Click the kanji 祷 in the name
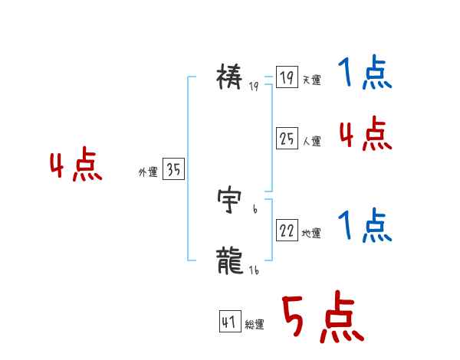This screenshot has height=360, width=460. [x=231, y=77]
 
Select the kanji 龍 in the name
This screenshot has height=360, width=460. [x=231, y=261]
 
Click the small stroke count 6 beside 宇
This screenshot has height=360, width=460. [x=254, y=208]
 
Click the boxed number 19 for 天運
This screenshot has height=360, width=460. [x=287, y=78]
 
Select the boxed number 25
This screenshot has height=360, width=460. [x=287, y=139]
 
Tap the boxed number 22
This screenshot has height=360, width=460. [x=287, y=231]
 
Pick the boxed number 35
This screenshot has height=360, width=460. [x=173, y=170]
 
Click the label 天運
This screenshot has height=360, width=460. [x=311, y=80]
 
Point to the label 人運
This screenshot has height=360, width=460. [x=311, y=141]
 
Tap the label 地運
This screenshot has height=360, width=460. [x=311, y=233]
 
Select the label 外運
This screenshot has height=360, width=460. [x=148, y=172]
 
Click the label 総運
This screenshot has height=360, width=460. [x=255, y=325]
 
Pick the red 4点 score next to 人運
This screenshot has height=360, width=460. [x=365, y=134]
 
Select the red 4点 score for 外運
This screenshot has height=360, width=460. [x=76, y=166]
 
